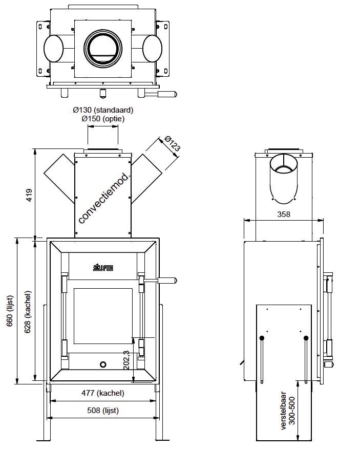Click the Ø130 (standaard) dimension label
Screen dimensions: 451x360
[103, 110]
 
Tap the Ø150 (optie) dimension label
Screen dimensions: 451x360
[103, 119]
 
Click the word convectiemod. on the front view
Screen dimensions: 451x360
[105, 197]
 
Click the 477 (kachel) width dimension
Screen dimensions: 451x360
[103, 393]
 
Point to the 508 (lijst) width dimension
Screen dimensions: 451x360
[103, 410]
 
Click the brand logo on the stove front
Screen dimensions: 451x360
[102, 267]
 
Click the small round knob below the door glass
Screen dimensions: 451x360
[103, 364]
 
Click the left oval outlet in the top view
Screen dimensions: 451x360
[53, 49]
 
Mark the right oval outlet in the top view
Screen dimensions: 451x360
[153, 49]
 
